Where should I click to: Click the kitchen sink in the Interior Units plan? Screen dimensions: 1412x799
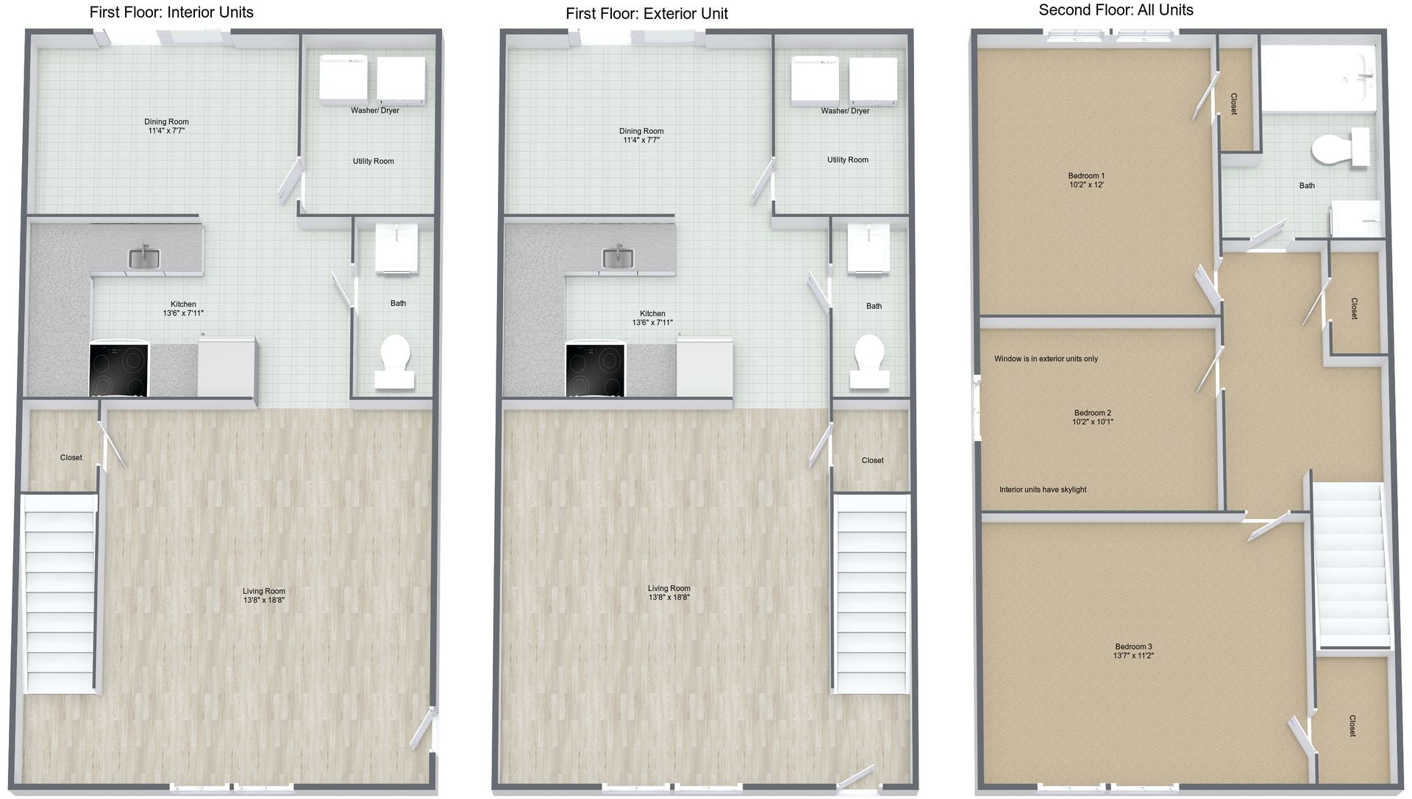(x=144, y=257)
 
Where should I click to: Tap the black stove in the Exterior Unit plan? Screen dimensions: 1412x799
(x=595, y=370)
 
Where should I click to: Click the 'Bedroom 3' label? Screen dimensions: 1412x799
(x=1133, y=647)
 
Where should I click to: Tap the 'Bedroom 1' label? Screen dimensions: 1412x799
(x=1086, y=176)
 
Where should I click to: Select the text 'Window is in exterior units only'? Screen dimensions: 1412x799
(x=1046, y=359)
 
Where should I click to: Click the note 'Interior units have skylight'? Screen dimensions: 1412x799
(x=1042, y=490)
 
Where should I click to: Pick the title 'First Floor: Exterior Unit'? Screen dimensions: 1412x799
(x=646, y=13)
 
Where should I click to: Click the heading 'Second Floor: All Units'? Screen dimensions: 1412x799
(x=1116, y=10)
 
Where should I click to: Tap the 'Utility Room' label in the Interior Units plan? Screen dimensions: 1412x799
(x=373, y=161)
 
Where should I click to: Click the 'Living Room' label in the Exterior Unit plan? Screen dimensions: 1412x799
(x=668, y=588)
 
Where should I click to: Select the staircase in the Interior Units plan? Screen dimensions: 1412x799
(x=60, y=593)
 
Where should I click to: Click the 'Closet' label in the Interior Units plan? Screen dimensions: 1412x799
(x=71, y=457)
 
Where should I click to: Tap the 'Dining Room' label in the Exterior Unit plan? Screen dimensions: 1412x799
(x=641, y=131)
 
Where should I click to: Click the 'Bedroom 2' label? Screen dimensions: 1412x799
(x=1092, y=413)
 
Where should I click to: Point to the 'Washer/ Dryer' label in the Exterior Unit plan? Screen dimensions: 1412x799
(x=845, y=111)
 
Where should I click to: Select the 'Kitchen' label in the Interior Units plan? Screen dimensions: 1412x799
(x=183, y=304)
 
